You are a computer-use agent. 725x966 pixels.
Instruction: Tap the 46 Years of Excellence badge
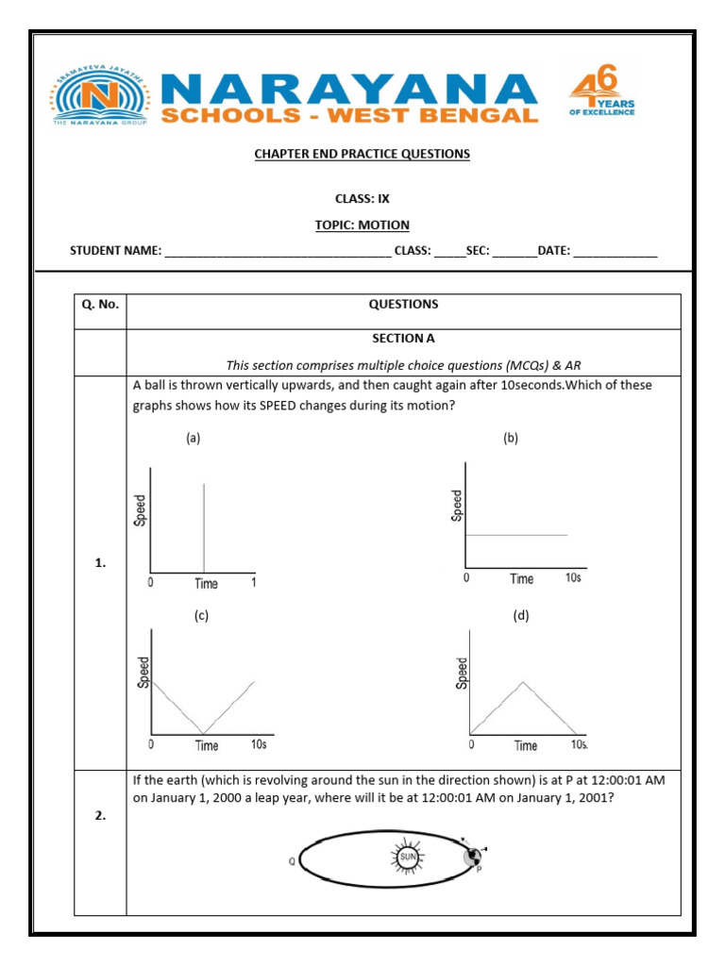point(601,95)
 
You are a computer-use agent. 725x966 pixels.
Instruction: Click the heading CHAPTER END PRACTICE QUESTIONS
point(362,154)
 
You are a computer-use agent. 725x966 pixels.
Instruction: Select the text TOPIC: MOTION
point(362,225)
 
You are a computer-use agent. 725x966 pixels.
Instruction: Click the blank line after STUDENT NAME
point(278,252)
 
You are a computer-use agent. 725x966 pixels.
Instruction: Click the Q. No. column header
point(100,305)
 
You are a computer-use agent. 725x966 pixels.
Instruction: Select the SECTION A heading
point(403,337)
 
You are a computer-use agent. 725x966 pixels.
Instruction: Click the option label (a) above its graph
point(193,438)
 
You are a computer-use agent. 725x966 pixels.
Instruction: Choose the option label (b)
point(511,438)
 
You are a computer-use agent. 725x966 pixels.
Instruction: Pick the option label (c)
point(201,616)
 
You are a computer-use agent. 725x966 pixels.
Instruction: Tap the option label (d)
point(520,616)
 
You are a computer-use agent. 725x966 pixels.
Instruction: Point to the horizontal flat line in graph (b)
point(516,535)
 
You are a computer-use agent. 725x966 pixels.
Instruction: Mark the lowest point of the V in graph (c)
point(201,733)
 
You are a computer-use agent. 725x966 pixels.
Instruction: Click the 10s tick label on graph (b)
point(573,577)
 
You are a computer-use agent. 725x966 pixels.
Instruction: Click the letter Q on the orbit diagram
point(292,859)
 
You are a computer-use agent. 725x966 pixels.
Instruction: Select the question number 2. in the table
point(100,816)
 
